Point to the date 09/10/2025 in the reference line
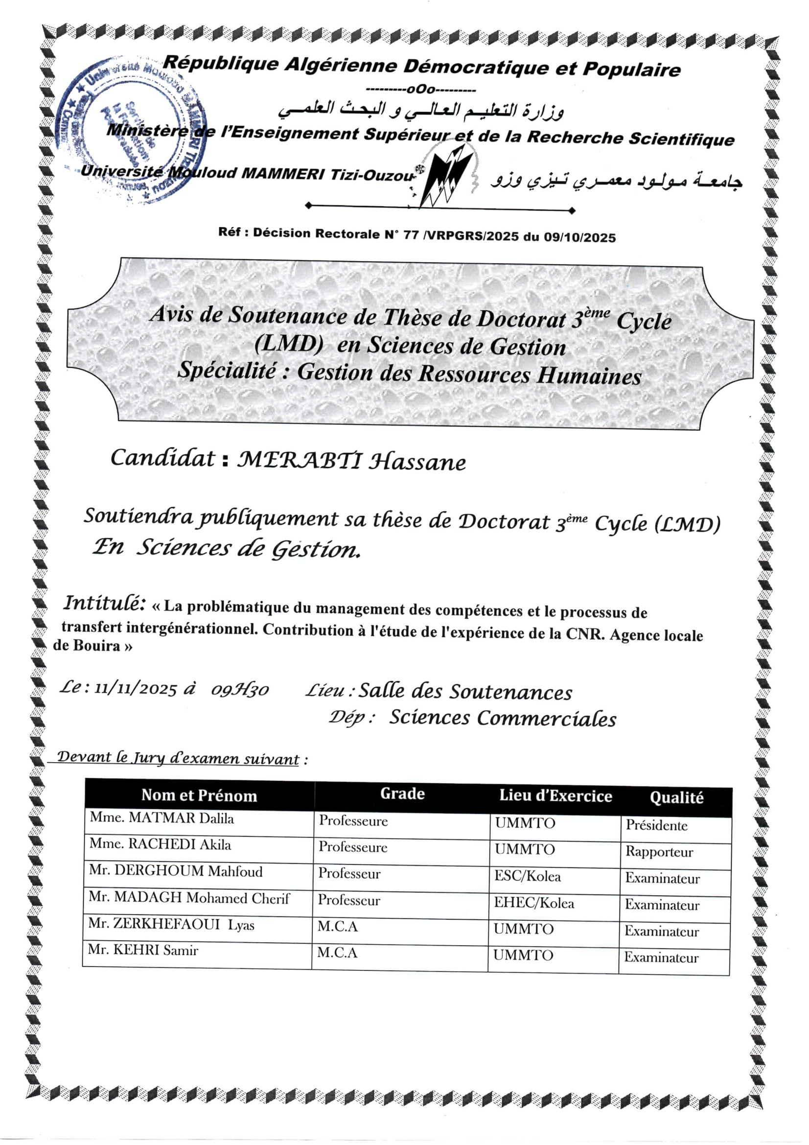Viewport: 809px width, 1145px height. click(x=579, y=237)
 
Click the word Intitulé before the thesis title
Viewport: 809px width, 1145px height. click(x=104, y=603)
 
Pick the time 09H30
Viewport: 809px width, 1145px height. click(x=240, y=690)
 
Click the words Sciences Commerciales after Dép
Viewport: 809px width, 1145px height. click(x=503, y=719)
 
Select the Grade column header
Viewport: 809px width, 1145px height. click(x=402, y=794)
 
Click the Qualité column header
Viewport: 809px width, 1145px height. click(x=676, y=797)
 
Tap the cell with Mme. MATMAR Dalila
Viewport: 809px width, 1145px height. click(x=162, y=818)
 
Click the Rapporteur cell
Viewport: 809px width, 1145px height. click(x=659, y=852)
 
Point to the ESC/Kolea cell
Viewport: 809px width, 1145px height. click(x=527, y=876)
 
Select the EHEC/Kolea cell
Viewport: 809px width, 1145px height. click(x=534, y=903)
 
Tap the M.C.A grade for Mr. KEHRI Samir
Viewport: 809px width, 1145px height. click(x=338, y=953)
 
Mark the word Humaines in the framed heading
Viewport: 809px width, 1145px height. click(x=588, y=375)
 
